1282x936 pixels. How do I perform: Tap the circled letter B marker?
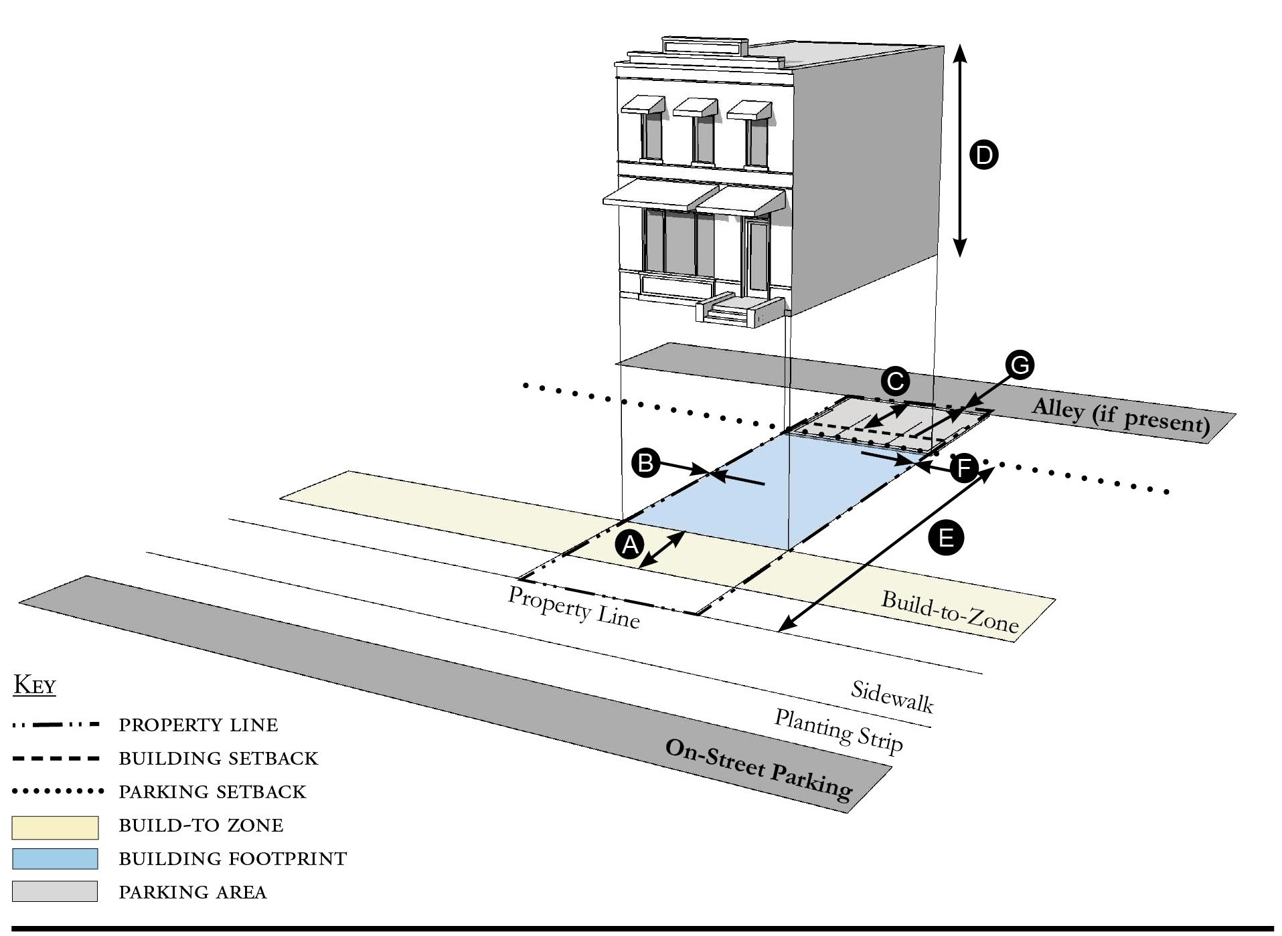coord(646,463)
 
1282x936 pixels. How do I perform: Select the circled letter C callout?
coord(894,382)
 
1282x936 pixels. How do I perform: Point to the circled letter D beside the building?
coord(983,155)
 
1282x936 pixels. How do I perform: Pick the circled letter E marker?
coord(945,537)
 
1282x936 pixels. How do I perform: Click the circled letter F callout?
coord(964,468)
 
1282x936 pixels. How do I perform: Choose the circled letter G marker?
coord(1019,365)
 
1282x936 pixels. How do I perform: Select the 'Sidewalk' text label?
coord(892,696)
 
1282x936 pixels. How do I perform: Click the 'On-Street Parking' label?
coord(758,769)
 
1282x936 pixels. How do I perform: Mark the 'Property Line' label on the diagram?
coord(574,607)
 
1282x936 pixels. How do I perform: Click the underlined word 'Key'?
coord(35,685)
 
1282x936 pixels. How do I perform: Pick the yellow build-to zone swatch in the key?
coord(55,827)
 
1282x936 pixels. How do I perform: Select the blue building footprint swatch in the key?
coord(55,859)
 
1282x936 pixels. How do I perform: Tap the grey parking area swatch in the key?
coord(55,892)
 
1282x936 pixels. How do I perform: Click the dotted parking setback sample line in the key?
coord(58,791)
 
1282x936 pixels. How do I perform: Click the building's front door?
coord(758,257)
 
